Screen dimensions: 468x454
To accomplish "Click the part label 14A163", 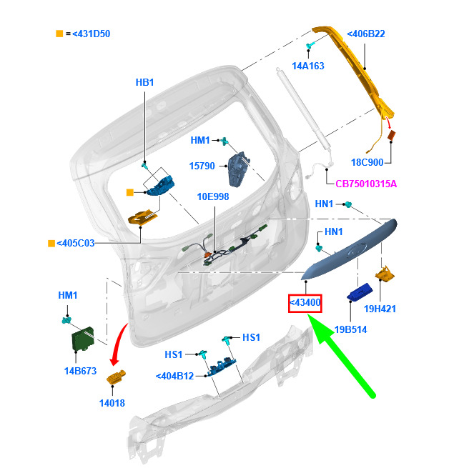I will (308, 66).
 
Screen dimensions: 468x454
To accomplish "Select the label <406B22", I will (366, 34).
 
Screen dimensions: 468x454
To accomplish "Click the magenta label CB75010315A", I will (366, 184).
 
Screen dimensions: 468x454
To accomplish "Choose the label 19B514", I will (351, 330).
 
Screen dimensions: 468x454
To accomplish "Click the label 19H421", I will (399, 309).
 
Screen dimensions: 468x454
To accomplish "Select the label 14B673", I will (80, 372).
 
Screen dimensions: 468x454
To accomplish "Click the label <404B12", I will (175, 377).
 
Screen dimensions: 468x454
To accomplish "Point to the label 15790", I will (202, 166).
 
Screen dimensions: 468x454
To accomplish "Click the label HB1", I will (144, 83).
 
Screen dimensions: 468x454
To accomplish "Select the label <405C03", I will (76, 243).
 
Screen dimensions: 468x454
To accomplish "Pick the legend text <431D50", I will (87, 34).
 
